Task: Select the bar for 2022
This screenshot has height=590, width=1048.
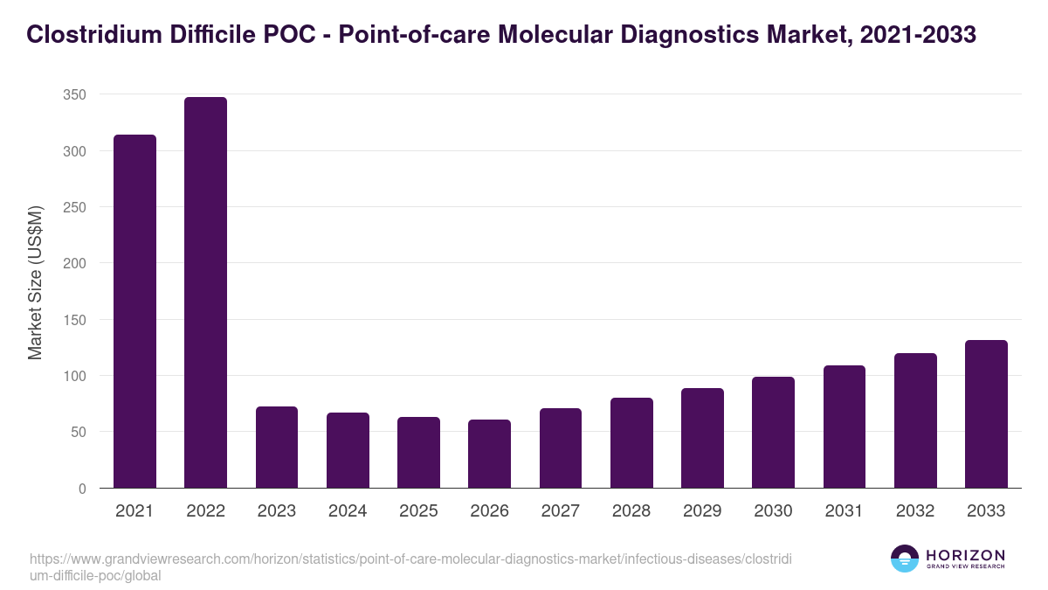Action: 205,293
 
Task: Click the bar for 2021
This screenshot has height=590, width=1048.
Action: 134,311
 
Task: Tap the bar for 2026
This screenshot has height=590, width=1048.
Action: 489,454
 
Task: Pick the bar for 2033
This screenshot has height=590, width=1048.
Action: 986,414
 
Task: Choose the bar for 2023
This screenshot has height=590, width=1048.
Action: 276,448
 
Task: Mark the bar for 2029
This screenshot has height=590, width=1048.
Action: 702,438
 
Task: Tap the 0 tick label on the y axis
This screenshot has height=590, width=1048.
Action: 82,489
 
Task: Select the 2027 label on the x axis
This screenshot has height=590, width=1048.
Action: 560,511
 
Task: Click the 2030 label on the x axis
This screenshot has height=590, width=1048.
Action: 773,511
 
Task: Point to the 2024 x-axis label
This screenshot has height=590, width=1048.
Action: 348,511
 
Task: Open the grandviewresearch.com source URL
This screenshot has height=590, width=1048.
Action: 410,567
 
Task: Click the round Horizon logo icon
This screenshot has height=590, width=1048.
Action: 904,559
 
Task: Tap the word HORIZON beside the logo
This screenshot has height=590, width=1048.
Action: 965,554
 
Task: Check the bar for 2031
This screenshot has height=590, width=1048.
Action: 844,427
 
